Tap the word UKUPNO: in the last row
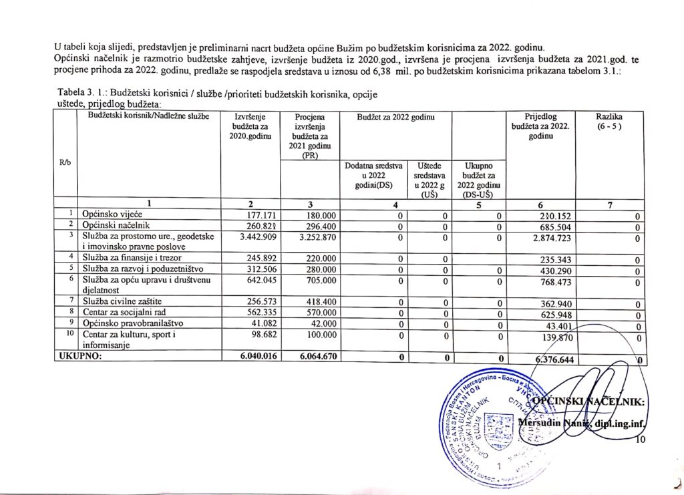79,357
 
